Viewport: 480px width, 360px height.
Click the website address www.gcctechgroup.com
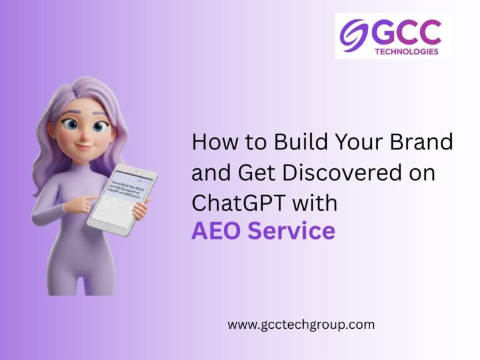[301, 324]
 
